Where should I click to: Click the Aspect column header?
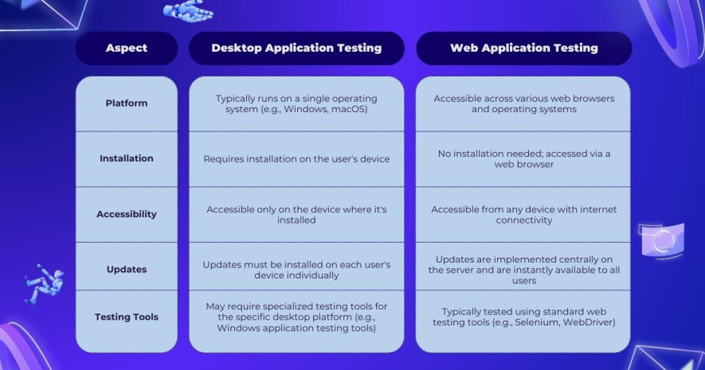coord(127,48)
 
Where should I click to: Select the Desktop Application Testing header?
coord(296,48)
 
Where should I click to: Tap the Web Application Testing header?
coord(524,48)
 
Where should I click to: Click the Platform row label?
coord(127,103)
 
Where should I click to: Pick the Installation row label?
coord(127,158)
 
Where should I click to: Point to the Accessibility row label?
coord(127,214)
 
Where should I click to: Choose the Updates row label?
coord(127,270)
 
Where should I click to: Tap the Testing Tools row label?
coord(127,317)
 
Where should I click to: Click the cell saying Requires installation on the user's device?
coord(296,159)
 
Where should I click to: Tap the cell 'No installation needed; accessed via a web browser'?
coord(524,159)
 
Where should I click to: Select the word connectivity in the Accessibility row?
coord(524,220)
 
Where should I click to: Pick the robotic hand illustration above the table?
coord(188,11)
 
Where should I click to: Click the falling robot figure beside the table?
coord(44,285)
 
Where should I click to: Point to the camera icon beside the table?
coord(661,240)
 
